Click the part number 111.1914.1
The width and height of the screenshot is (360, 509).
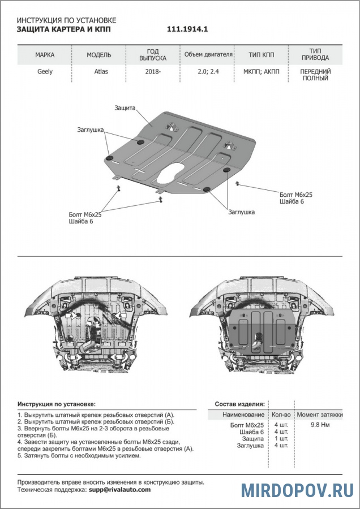coord(191,29)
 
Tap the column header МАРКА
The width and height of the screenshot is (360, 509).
coord(45,55)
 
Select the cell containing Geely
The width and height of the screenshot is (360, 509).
coord(45,72)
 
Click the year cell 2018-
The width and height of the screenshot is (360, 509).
coord(152,72)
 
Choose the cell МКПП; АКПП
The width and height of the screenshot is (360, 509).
coord(262,72)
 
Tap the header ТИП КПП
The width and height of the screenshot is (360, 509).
coord(262,55)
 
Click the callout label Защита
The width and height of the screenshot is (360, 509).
coord(125,107)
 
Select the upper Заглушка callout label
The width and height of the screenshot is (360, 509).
coord(90,130)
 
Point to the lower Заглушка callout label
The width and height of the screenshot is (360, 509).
coord(241,212)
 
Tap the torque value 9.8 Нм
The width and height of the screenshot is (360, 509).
coord(321,424)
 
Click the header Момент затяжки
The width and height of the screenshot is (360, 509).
coord(320,415)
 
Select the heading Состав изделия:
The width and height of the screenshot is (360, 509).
coord(239,404)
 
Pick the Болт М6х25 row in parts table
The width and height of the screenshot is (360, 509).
coord(247,424)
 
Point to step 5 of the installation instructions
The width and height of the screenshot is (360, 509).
coord(79,455)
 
